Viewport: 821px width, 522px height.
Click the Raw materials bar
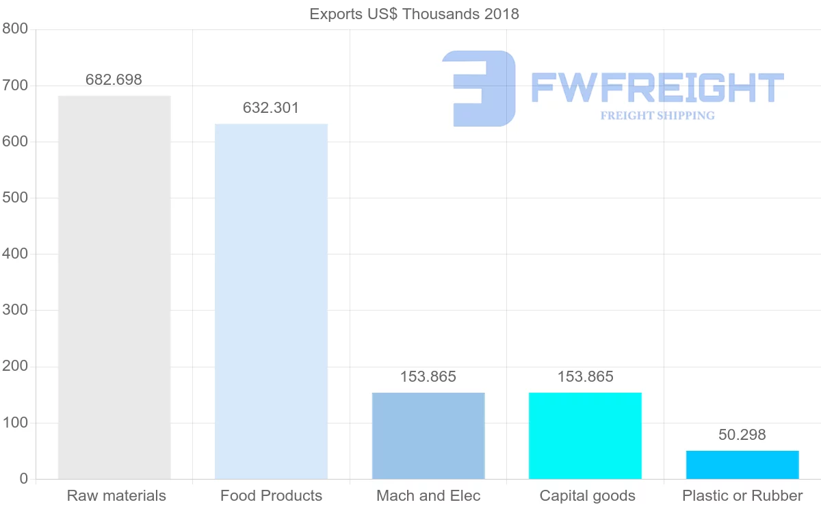[x=114, y=287]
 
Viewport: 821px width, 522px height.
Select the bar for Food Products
[x=271, y=301]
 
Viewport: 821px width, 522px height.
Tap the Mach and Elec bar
[x=428, y=436]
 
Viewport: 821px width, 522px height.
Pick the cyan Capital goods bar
[x=585, y=436]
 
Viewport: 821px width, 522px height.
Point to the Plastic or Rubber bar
[x=742, y=465]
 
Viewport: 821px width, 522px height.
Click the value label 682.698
[x=114, y=79]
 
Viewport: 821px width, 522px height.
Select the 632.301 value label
[x=271, y=108]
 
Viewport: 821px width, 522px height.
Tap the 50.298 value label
[x=742, y=434]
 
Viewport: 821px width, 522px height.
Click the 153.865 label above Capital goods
[x=585, y=376]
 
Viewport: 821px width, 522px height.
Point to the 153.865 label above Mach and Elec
[x=428, y=376]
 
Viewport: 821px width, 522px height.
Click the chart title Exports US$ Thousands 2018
[x=415, y=14]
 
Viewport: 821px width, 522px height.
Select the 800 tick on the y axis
[x=14, y=29]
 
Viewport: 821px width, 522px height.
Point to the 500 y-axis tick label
[x=14, y=198]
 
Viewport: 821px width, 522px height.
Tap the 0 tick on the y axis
[x=24, y=479]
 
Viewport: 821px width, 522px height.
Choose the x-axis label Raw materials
[x=116, y=496]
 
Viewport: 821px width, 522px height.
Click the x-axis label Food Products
[x=271, y=496]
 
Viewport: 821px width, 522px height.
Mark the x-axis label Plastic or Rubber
[x=742, y=496]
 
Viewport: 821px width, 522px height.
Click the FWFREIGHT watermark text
[x=657, y=88]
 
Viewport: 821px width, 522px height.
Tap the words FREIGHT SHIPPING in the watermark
[x=657, y=116]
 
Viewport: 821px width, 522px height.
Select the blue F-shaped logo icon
[x=479, y=88]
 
